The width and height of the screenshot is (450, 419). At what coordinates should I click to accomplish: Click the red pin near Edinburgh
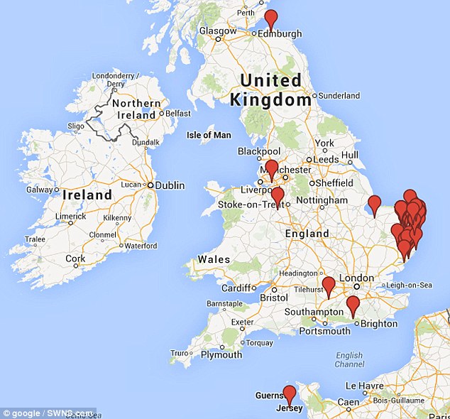click(270, 19)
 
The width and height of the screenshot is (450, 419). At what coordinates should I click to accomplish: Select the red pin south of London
click(353, 305)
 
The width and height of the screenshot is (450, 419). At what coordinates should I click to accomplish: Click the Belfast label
click(178, 113)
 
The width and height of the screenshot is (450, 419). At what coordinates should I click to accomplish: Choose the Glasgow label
click(218, 31)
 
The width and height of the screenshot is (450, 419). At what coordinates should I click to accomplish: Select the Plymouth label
click(221, 354)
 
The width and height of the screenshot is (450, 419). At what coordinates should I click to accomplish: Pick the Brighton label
click(379, 324)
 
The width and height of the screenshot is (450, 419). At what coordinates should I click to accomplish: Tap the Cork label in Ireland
click(75, 259)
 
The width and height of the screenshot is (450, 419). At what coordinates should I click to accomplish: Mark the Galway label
click(40, 190)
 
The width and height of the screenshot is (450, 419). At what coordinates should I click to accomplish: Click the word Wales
click(214, 259)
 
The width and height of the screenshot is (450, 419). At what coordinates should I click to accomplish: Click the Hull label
click(350, 155)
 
